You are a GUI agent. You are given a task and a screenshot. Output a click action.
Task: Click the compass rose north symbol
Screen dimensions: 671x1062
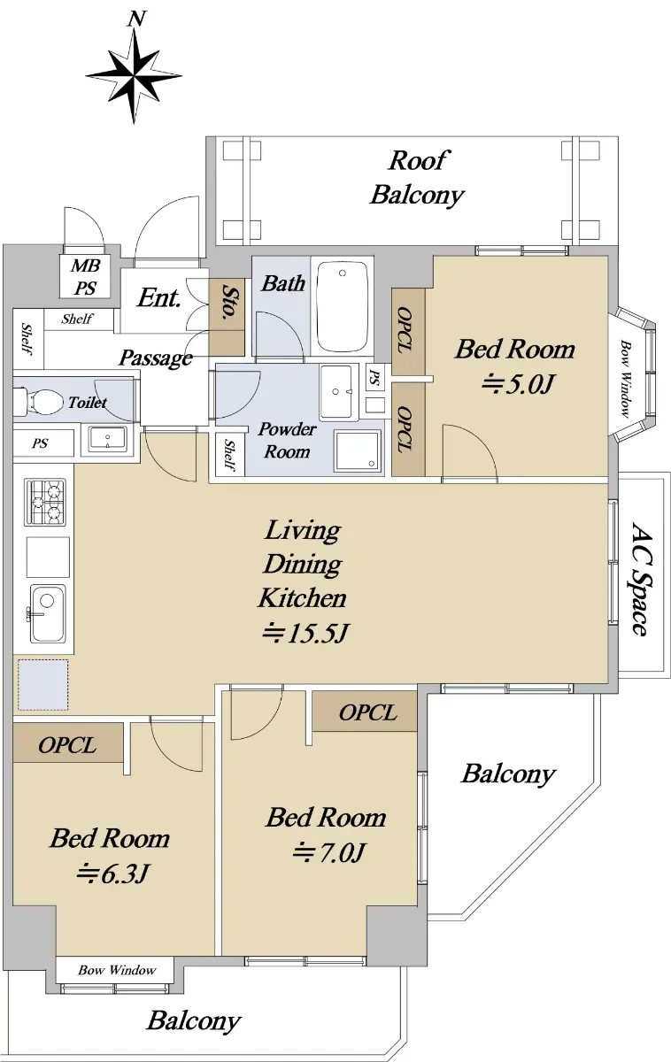pos(134,76)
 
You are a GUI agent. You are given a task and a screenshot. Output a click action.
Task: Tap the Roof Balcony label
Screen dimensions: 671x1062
pos(416,178)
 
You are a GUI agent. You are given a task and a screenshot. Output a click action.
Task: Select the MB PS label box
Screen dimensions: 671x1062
pos(85,277)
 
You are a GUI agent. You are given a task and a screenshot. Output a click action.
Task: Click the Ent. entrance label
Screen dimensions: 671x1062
pos(159,298)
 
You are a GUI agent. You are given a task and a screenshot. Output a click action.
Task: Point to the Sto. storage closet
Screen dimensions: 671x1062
pos(227,316)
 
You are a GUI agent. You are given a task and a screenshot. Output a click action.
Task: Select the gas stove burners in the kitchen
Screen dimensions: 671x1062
pos(45,503)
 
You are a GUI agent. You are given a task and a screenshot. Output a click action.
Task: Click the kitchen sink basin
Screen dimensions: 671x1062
pos(48,614)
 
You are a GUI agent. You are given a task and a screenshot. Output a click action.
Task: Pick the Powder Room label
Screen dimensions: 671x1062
pos(287,441)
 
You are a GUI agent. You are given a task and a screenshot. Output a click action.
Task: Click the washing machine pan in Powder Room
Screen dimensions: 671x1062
pos(358,450)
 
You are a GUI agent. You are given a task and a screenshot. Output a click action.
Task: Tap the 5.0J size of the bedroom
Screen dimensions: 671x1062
pos(518,384)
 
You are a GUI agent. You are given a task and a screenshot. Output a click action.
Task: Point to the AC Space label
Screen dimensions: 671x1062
pos(640,579)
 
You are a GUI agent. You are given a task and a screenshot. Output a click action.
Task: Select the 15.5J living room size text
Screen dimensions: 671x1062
pos(306,633)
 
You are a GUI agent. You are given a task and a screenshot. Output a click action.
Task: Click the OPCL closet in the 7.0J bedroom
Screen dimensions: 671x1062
pos(365,712)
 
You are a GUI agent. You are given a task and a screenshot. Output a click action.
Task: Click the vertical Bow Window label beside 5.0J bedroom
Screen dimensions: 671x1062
pos(626,379)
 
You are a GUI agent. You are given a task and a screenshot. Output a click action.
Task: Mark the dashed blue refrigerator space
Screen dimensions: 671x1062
pos(43,685)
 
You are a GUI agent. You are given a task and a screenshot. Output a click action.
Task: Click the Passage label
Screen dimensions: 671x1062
pos(156,358)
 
